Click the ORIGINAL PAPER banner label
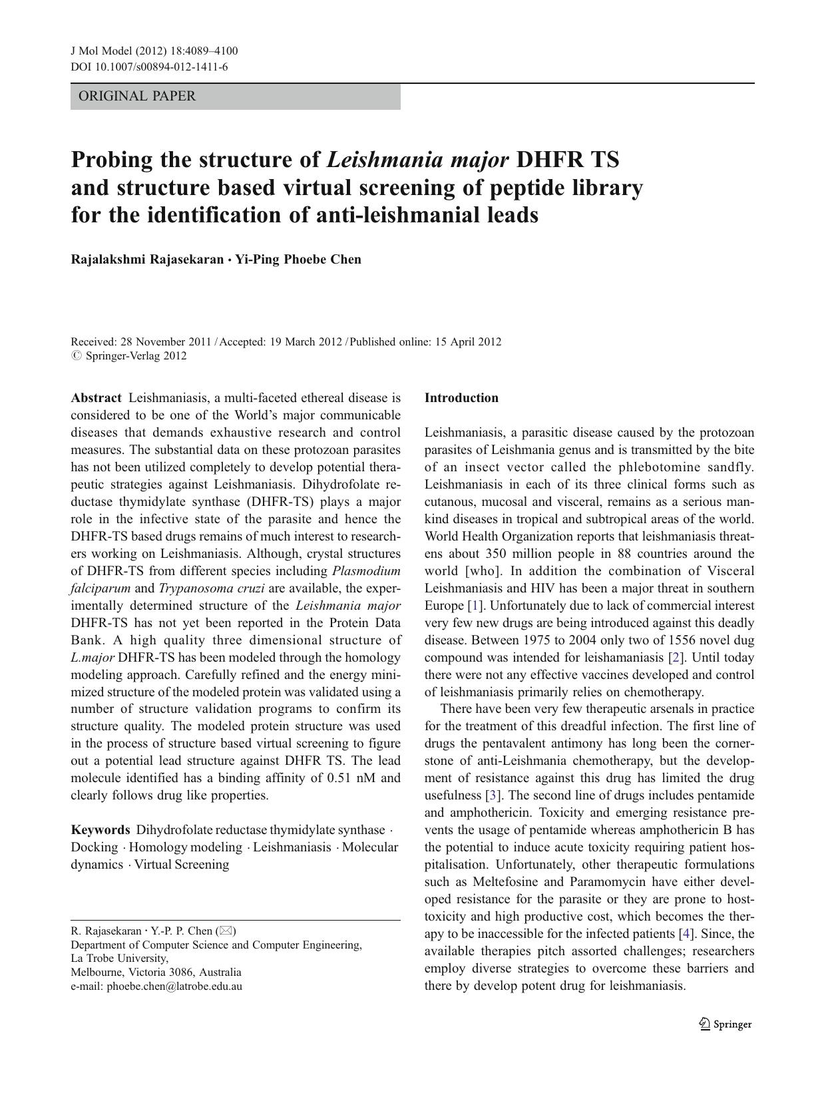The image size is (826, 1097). pos(137,97)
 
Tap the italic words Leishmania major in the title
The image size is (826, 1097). pos(418,160)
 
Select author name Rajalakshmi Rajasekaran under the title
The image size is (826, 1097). pos(147,260)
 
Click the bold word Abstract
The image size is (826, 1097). pos(96,398)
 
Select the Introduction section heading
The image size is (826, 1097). pos(461,398)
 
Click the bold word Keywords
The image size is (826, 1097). pos(100,830)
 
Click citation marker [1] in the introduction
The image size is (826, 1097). pos(475,606)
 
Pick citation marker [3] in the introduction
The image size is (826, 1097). pos(493,795)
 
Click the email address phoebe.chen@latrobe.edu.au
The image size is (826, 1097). pos(174,987)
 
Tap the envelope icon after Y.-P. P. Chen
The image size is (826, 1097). pos(226,931)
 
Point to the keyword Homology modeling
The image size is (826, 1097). pos(185,847)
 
